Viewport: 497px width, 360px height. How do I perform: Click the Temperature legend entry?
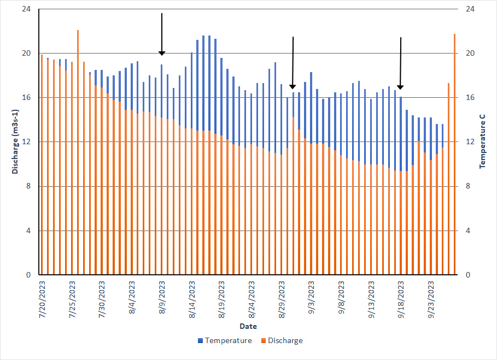pyautogui.click(x=225, y=341)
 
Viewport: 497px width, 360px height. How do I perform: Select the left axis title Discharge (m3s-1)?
pyautogui.click(x=16, y=141)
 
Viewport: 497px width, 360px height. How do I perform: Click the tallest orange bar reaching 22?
pyautogui.click(x=78, y=153)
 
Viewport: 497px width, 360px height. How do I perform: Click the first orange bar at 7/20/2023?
pyautogui.click(x=42, y=164)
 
